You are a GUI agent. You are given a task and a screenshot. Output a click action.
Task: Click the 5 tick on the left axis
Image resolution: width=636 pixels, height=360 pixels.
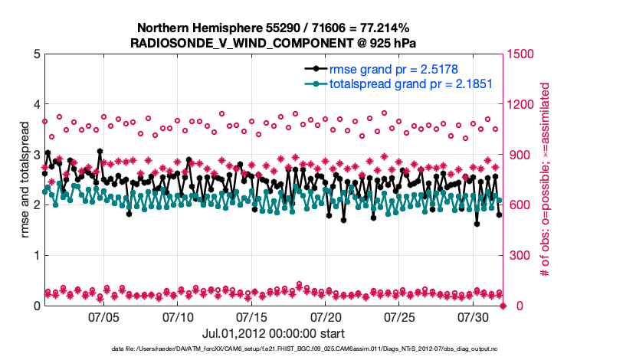pyautogui.click(x=36, y=54)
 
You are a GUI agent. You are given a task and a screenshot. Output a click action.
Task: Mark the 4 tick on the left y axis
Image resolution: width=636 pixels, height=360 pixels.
pyautogui.click(x=36, y=104)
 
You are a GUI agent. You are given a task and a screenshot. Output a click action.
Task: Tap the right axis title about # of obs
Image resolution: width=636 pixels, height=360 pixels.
pyautogui.click(x=546, y=179)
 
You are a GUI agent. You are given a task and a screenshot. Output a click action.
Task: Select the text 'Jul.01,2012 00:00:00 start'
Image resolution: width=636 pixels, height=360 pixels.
pyautogui.click(x=274, y=333)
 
